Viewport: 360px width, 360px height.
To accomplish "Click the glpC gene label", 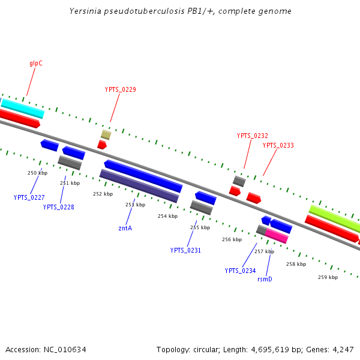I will click(35, 63).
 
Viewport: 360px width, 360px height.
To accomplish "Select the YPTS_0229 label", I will click(120, 90).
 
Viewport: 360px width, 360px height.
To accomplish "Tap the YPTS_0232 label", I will click(252, 136).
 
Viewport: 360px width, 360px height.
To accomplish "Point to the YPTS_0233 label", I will click(278, 145).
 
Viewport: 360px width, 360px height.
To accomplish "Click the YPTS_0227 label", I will click(29, 197).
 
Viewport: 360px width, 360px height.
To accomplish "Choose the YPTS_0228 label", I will click(58, 207).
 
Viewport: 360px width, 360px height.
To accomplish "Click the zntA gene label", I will click(125, 228).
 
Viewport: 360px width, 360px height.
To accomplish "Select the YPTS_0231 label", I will click(185, 250).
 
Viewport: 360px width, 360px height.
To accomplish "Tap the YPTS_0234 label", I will click(240, 271).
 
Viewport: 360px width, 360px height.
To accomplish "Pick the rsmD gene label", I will click(265, 279).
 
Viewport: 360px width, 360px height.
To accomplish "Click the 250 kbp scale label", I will click(37, 173).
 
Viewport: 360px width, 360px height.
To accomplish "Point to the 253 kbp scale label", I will click(135, 205).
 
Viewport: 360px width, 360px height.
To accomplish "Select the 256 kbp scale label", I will click(232, 239).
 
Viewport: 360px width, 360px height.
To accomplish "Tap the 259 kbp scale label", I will click(328, 277).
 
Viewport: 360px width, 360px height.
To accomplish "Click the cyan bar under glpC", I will click(23, 108).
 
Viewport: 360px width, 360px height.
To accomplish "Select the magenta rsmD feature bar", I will click(277, 236).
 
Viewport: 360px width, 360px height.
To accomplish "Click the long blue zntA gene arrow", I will click(143, 176).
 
